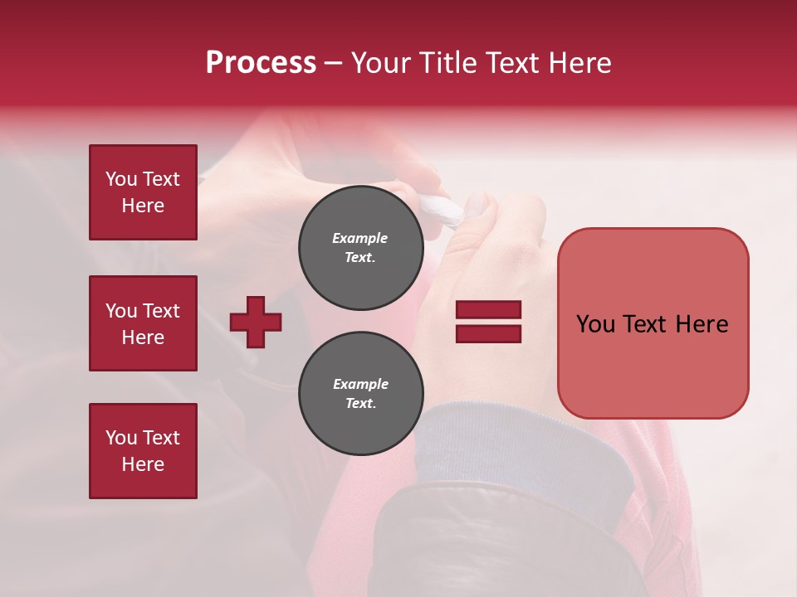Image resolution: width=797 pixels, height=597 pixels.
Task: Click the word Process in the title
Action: click(x=261, y=63)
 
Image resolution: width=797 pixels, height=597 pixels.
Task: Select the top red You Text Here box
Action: click(x=143, y=192)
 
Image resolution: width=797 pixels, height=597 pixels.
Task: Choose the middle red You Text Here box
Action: click(x=143, y=323)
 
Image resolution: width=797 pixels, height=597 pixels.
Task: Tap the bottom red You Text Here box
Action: click(x=143, y=451)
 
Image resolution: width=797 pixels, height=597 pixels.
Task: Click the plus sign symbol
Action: click(x=256, y=323)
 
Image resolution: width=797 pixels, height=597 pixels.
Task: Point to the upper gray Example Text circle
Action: click(x=360, y=248)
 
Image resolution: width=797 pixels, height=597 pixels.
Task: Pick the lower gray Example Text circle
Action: click(x=360, y=394)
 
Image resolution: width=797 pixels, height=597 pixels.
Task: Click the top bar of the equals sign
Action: click(x=488, y=310)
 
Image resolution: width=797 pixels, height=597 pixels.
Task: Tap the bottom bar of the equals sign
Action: click(x=488, y=333)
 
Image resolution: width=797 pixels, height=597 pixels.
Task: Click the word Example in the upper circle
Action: click(x=360, y=238)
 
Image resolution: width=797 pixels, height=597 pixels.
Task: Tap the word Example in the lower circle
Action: click(x=360, y=384)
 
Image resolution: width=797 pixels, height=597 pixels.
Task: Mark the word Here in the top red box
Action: click(x=143, y=206)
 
